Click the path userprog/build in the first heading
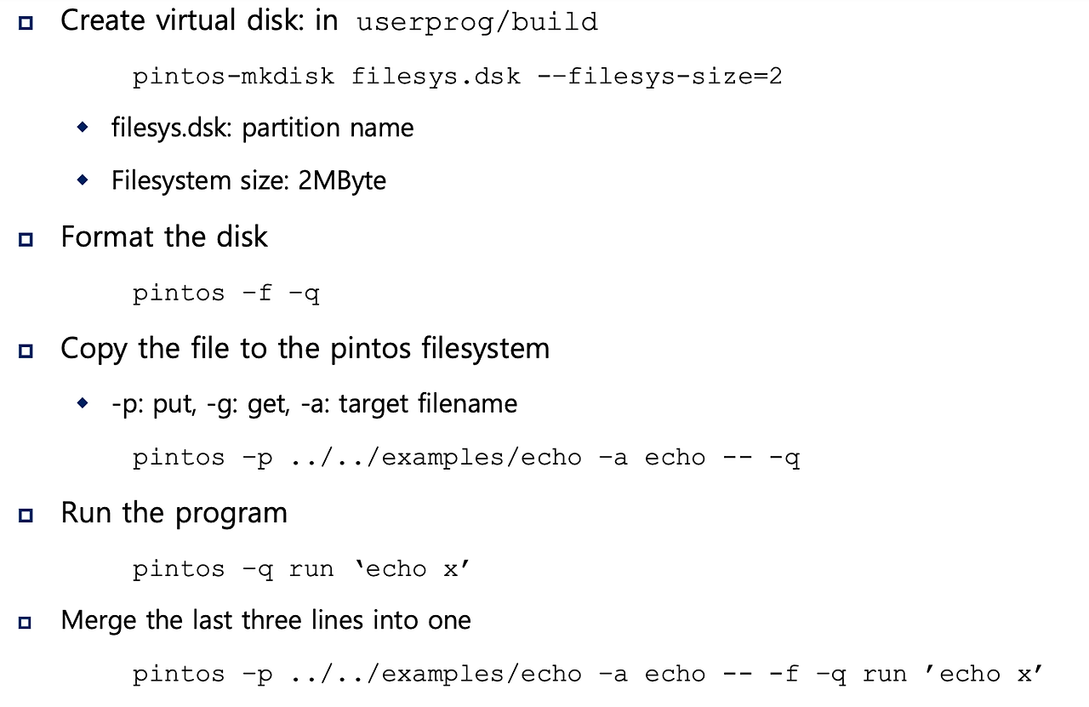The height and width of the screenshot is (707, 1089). click(476, 22)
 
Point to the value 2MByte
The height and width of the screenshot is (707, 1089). click(342, 181)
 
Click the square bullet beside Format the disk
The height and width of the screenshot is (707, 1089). click(26, 239)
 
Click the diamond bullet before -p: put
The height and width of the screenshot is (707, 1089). click(83, 402)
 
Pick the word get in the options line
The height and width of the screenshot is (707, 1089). click(266, 403)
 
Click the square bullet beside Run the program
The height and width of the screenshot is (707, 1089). click(26, 516)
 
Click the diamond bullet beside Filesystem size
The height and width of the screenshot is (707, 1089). click(83, 180)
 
